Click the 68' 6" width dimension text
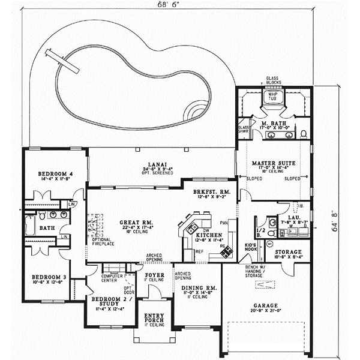coord(170,7)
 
